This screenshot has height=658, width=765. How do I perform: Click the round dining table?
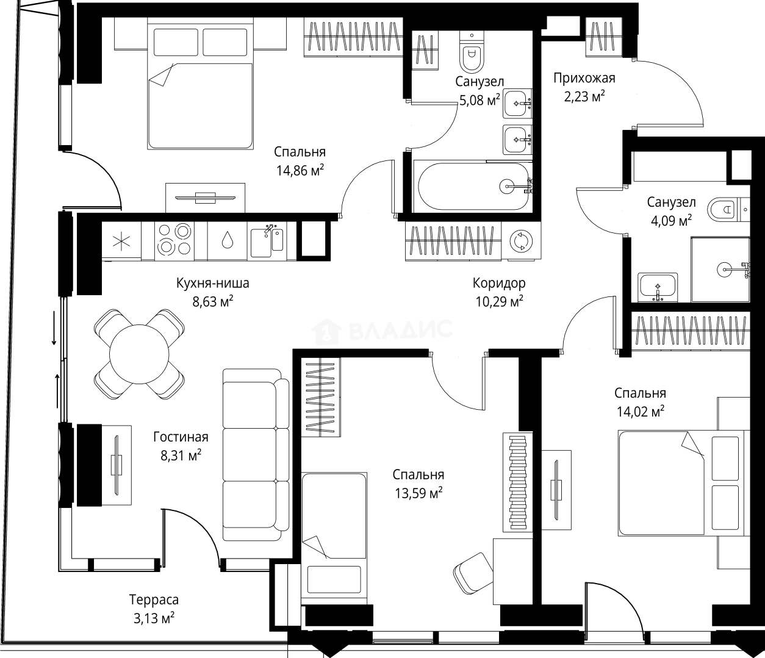[139, 354]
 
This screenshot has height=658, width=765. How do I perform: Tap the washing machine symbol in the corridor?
[521, 241]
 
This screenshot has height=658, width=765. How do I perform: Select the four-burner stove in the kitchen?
[174, 240]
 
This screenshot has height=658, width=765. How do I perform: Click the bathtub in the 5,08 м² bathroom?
[474, 187]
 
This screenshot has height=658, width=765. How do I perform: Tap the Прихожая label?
[584, 78]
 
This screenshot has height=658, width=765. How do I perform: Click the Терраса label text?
[154, 599]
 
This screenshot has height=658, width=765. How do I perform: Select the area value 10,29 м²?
[499, 302]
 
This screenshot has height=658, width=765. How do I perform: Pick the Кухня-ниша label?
[213, 283]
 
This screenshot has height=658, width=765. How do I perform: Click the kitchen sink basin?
[267, 242]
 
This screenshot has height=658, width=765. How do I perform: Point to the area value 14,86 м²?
[300, 171]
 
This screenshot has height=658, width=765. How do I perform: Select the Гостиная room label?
[181, 437]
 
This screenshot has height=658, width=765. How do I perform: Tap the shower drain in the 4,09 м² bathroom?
[724, 270]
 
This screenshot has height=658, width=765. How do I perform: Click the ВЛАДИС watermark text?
[401, 330]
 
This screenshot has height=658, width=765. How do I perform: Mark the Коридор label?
[499, 283]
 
